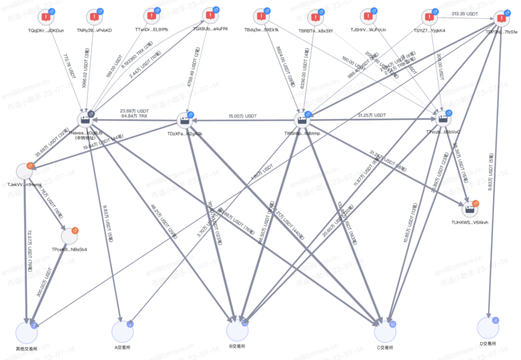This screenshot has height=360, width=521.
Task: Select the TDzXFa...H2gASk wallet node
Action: click(x=185, y=121)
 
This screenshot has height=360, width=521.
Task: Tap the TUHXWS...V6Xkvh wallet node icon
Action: click(x=469, y=209)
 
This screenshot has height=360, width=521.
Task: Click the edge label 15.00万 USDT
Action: click(x=243, y=116)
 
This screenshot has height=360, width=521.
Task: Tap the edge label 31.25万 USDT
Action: click(x=372, y=115)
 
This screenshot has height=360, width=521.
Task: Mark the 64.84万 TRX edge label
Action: click(x=134, y=116)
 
